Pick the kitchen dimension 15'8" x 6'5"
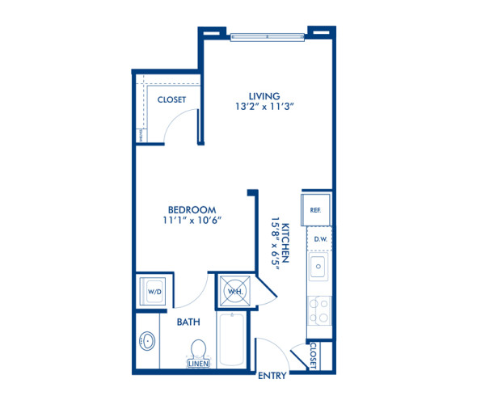pos(274,239)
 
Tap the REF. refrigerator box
pos(316,209)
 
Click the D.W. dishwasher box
pos(318,239)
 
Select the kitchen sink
pos(318,267)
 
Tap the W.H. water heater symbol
pos(234,291)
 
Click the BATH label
pos(188,322)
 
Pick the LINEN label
pos(199,364)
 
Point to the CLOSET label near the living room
pos(171,100)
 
